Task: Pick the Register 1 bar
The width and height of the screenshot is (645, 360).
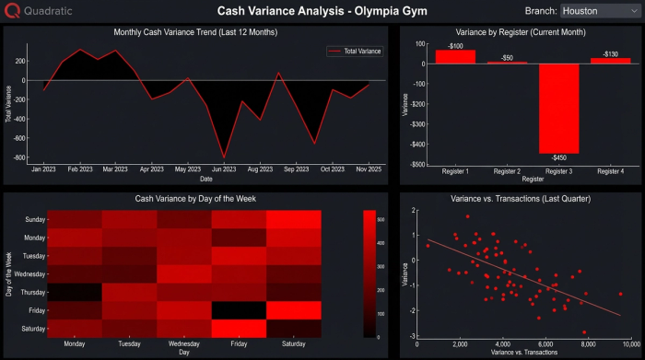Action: coord(455,56)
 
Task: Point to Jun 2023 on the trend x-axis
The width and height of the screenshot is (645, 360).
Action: coord(223,169)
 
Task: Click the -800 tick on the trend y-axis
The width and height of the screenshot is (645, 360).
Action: coord(19,158)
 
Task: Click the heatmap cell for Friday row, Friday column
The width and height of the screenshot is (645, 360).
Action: coord(239,309)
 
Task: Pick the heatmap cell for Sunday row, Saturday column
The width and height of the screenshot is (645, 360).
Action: coord(294,219)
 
